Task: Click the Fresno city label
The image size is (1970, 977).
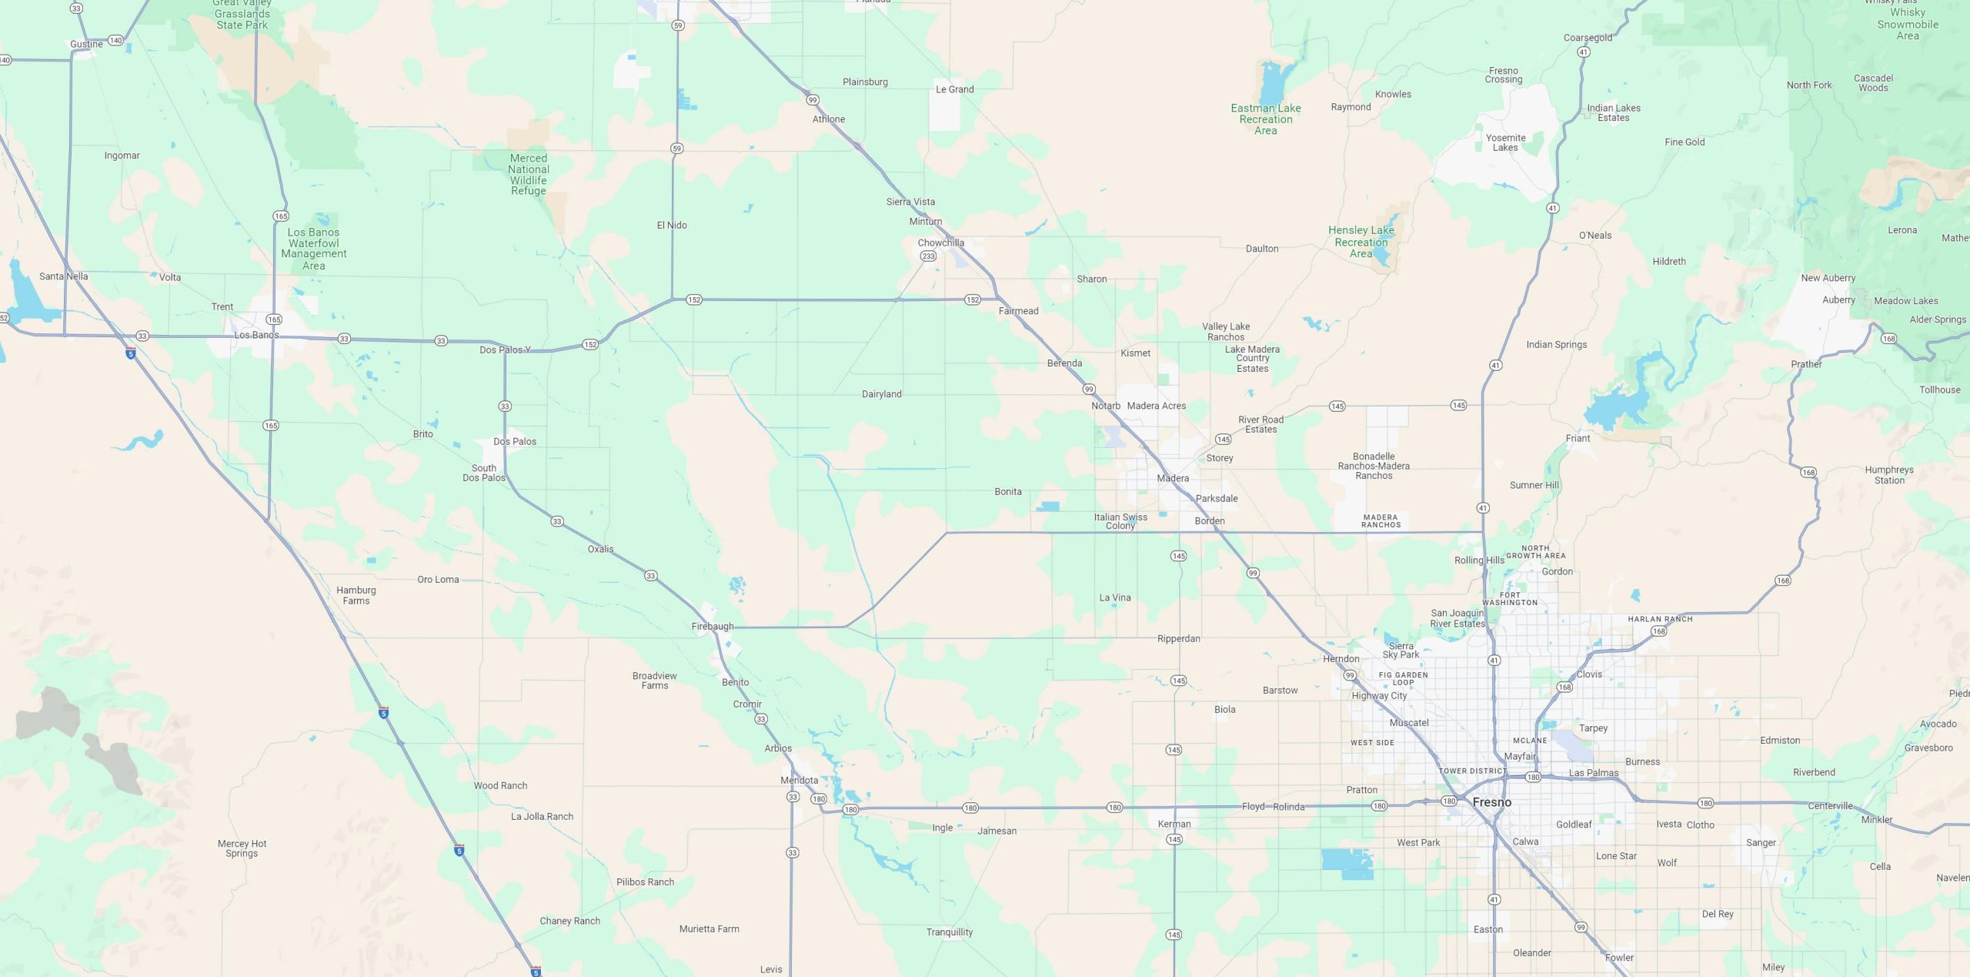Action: click(1491, 802)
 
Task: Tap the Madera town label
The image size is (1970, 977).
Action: click(1173, 478)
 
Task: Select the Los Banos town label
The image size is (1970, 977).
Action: click(256, 335)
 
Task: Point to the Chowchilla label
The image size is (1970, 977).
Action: click(940, 243)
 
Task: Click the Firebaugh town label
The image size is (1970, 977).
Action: click(713, 627)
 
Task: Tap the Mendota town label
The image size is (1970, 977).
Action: click(800, 780)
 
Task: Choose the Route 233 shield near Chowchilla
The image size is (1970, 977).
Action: click(928, 256)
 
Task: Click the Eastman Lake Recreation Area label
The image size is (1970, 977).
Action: click(1266, 119)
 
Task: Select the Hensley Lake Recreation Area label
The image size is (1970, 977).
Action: click(1361, 242)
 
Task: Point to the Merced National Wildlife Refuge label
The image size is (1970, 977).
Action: click(529, 175)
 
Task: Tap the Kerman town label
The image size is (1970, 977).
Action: click(1174, 824)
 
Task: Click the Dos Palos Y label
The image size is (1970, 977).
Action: click(505, 350)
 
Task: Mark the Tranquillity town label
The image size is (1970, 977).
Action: click(950, 932)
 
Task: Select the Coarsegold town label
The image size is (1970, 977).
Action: click(1588, 38)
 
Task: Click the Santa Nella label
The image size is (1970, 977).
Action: click(64, 276)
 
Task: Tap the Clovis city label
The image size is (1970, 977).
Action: click(1589, 674)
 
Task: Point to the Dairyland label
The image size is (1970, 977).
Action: click(881, 394)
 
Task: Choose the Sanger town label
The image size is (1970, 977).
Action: click(1761, 843)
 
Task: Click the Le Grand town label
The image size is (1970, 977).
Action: click(954, 89)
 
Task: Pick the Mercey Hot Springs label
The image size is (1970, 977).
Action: click(242, 848)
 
